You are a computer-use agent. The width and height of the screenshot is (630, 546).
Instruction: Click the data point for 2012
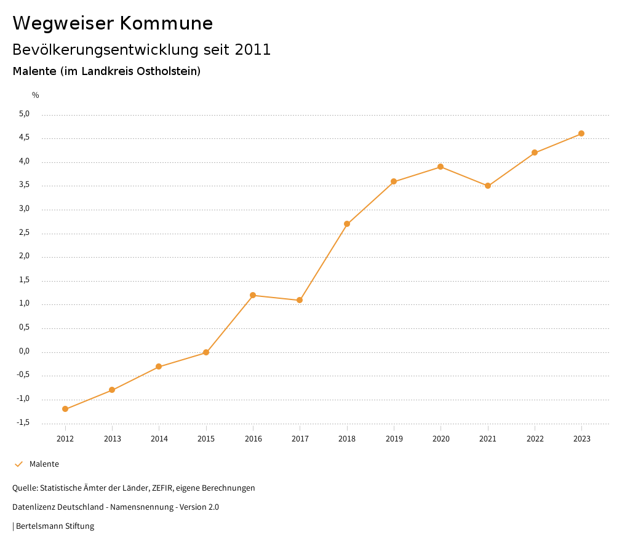click(65, 409)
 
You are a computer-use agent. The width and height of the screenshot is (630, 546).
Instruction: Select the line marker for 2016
click(253, 295)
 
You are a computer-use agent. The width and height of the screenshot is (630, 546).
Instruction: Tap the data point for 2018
click(347, 224)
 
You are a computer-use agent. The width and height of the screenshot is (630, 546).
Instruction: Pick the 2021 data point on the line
click(488, 186)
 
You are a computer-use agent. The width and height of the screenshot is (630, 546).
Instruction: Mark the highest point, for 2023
click(581, 133)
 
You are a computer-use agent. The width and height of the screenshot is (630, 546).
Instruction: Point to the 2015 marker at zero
click(206, 352)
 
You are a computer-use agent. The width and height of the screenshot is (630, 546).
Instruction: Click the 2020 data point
click(441, 167)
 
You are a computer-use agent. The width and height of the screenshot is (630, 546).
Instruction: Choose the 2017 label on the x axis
click(300, 438)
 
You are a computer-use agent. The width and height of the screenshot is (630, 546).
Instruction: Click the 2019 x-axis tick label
click(394, 438)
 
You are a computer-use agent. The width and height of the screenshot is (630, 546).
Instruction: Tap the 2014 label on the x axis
click(159, 438)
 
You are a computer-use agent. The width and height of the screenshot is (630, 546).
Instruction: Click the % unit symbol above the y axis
click(36, 95)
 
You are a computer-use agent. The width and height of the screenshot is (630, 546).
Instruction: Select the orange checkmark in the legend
click(18, 464)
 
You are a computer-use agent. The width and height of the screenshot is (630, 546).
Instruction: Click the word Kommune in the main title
click(166, 23)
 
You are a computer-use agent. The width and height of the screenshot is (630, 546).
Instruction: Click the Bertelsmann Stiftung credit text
click(55, 526)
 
